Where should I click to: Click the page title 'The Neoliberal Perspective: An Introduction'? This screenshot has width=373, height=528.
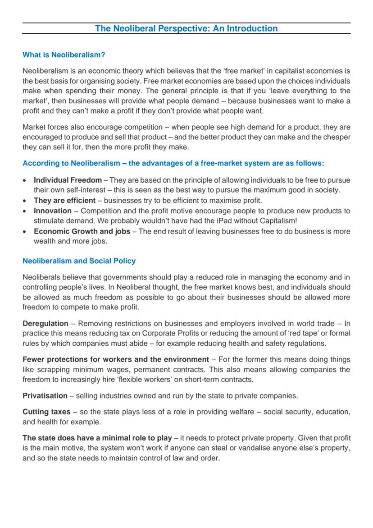[186, 28]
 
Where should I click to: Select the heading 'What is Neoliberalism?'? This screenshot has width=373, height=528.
[64, 55]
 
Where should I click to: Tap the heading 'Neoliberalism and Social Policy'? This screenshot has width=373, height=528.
[79, 261]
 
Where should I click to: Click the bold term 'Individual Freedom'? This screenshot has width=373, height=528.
[68, 180]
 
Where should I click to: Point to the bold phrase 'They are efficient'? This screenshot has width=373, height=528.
[64, 200]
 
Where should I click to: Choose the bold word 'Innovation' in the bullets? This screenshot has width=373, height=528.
[53, 211]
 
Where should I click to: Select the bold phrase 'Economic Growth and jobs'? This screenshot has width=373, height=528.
[82, 231]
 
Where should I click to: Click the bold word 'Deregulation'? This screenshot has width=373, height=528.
[45, 323]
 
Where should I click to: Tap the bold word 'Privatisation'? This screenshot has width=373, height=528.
[45, 396]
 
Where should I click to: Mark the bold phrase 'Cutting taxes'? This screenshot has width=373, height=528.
[46, 412]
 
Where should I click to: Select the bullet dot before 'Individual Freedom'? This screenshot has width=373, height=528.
[25, 180]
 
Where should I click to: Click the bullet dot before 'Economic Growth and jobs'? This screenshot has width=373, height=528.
[25, 231]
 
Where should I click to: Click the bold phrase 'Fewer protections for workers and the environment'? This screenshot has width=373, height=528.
[116, 359]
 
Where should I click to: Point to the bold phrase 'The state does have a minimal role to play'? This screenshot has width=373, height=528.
[97, 438]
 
